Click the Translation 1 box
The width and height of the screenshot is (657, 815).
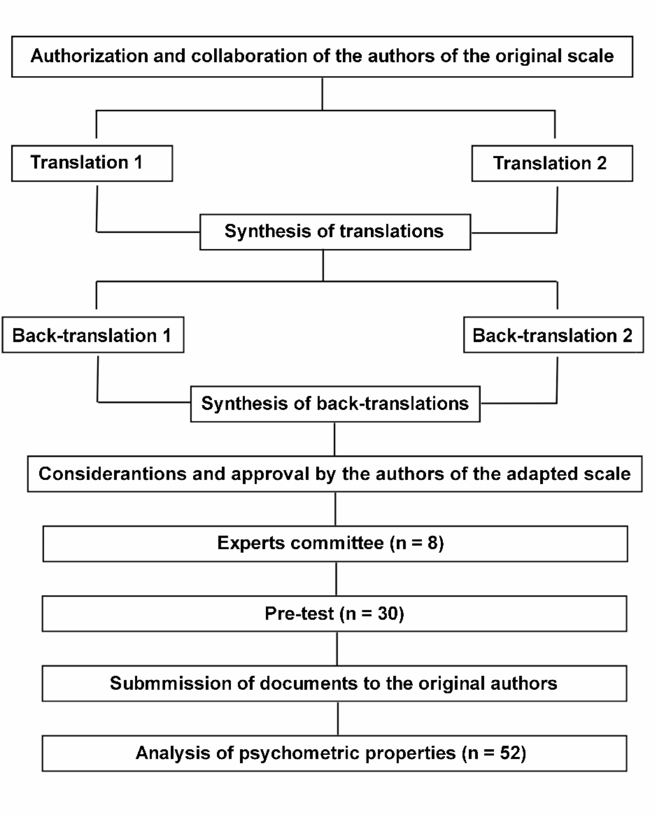(92, 163)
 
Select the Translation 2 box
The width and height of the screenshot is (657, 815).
(552, 163)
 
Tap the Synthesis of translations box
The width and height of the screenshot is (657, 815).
(335, 232)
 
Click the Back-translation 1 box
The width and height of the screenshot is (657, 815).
(93, 335)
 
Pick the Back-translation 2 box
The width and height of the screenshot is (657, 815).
(553, 335)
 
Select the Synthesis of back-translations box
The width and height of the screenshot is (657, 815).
(335, 404)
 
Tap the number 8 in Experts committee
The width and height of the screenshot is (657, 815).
(433, 543)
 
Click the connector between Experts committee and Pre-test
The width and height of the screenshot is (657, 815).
(336, 579)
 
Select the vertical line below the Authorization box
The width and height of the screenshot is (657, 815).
(322, 94)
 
